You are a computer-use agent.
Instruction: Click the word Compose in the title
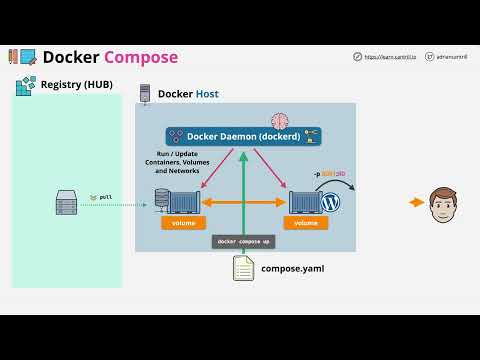[141, 57]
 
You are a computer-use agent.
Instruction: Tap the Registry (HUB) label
[76, 85]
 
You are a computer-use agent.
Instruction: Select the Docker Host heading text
[188, 94]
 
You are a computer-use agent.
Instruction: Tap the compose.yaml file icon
[243, 268]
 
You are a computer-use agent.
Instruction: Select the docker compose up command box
[243, 241]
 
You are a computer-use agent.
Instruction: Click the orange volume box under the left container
[183, 223]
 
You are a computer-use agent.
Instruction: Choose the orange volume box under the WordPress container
[306, 223]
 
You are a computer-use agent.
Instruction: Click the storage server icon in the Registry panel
[66, 205]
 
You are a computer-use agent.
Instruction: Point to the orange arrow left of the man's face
[417, 203]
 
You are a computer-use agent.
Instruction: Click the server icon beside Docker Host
[145, 94]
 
